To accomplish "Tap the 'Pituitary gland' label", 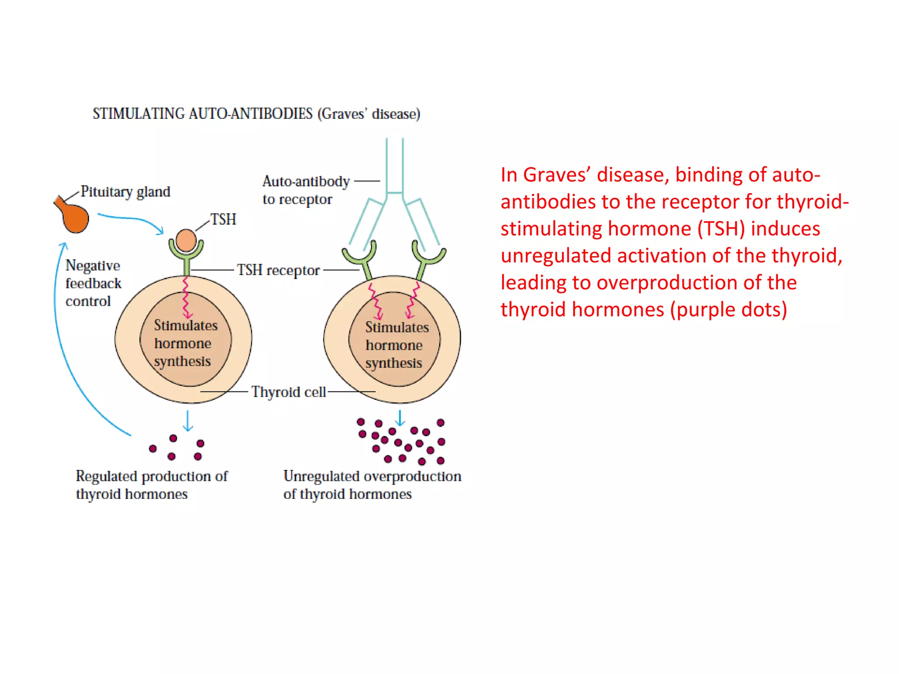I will [125, 192].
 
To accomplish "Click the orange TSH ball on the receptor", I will [186, 240].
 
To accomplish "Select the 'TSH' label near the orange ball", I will [223, 219].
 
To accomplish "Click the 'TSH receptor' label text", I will [278, 270].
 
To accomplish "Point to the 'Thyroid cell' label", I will [288, 392].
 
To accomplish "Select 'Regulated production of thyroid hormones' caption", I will [151, 485].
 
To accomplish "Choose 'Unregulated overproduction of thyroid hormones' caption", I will [371, 485].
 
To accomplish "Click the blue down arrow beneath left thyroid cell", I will [188, 421].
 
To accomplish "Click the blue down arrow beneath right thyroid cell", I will [399, 418].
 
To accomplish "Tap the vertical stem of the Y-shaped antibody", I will [395, 167].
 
